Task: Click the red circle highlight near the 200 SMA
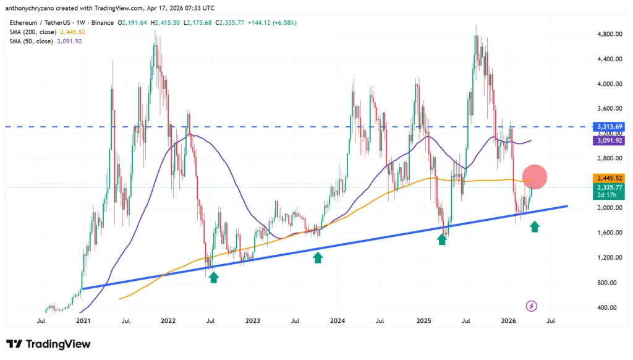[x=535, y=177]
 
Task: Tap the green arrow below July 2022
[x=213, y=278]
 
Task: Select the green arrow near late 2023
[x=318, y=257]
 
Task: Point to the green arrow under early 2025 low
[x=442, y=239]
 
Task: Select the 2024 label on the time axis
[x=338, y=321]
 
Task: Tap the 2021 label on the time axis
[x=83, y=321]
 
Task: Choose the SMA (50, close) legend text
[x=32, y=41]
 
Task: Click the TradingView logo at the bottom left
[x=49, y=344]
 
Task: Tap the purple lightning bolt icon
[x=530, y=306]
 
